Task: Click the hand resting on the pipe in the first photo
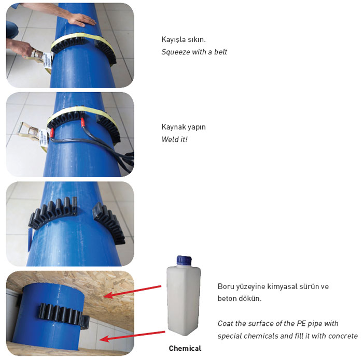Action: (80, 19)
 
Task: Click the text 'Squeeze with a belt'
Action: (194, 52)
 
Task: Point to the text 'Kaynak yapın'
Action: (180, 127)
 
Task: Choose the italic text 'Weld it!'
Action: (174, 139)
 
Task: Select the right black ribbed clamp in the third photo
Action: (109, 222)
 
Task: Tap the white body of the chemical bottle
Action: (183, 300)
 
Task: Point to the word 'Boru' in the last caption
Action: (225, 286)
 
